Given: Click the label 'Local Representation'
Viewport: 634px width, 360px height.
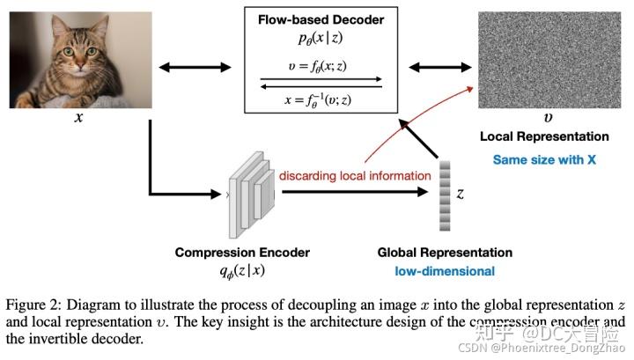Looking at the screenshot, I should point(543,136).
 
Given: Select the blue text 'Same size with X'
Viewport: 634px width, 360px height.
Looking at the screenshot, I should point(543,159).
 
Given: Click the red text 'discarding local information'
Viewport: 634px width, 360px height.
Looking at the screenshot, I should point(355,176).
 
